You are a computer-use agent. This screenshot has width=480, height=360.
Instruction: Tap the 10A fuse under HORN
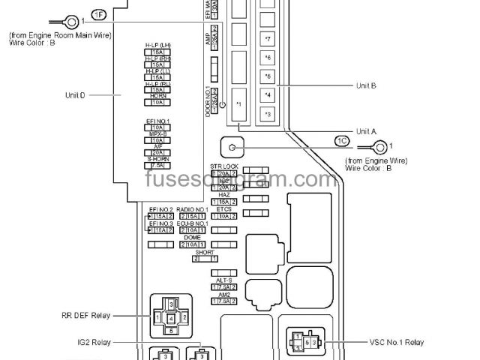point(157,101)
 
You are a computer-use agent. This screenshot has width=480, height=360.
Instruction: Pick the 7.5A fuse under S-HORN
point(157,164)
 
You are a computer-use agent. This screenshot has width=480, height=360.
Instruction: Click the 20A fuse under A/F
point(157,152)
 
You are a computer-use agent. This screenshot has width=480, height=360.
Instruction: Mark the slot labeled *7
point(268,38)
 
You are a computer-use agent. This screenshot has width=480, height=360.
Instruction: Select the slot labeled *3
point(268,113)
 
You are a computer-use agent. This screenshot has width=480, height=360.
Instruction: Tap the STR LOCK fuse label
point(224,166)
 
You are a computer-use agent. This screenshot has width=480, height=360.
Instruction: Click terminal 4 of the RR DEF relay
point(172,318)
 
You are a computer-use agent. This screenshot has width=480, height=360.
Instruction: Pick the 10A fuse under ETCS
point(224,217)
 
